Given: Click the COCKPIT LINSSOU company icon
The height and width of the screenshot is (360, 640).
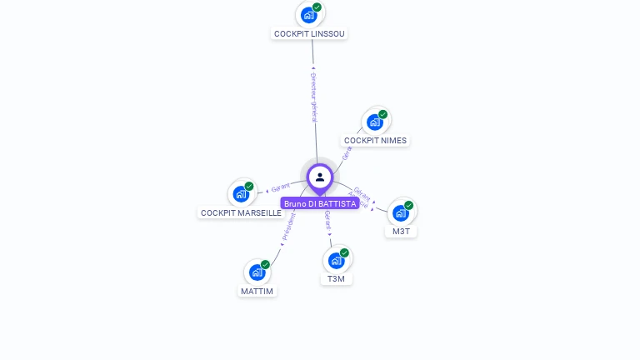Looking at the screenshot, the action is point(309,15).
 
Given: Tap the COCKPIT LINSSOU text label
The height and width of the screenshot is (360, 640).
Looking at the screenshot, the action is point(309,34).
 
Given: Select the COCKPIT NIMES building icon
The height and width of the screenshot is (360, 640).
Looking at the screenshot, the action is point(375,122).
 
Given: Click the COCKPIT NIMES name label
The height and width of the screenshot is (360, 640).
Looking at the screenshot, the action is point(375,141).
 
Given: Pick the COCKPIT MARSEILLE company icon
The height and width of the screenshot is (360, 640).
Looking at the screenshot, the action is point(242,194).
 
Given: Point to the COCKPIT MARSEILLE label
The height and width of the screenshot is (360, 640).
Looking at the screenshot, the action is point(241,213).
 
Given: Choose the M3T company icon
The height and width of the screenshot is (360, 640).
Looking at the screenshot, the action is point(401,212).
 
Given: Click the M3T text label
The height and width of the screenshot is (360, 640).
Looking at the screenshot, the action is point(401,232).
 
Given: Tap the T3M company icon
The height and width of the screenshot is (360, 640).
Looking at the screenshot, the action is point(336,260).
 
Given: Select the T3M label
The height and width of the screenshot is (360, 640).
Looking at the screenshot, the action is point(336,279).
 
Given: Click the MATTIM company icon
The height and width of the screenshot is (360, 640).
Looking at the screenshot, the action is point(257,272).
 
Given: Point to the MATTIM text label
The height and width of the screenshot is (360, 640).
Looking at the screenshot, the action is point(257,292).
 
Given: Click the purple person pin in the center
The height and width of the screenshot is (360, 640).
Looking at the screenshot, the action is point(320,177).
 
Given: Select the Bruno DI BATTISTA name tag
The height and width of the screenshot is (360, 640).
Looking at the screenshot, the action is point(320,203).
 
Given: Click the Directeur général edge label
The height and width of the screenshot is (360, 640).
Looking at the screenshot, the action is point(313,97).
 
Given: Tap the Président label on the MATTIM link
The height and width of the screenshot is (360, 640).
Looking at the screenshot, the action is point(288,227).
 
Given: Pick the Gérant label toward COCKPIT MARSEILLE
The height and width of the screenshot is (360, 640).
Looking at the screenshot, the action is point(280,187).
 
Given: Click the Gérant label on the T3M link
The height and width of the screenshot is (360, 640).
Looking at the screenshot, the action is point(327,221).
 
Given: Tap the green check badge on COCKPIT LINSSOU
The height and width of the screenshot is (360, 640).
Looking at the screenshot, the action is point(317,7).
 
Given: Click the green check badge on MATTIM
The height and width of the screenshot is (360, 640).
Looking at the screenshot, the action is point(265,264).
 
